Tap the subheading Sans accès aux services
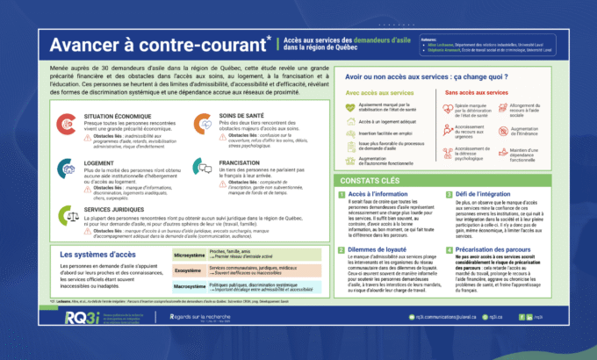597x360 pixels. point(476,91)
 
